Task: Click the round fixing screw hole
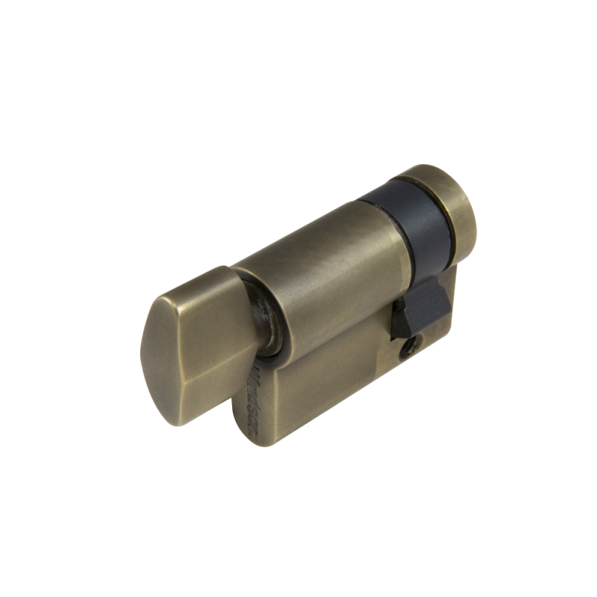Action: (409, 346)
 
